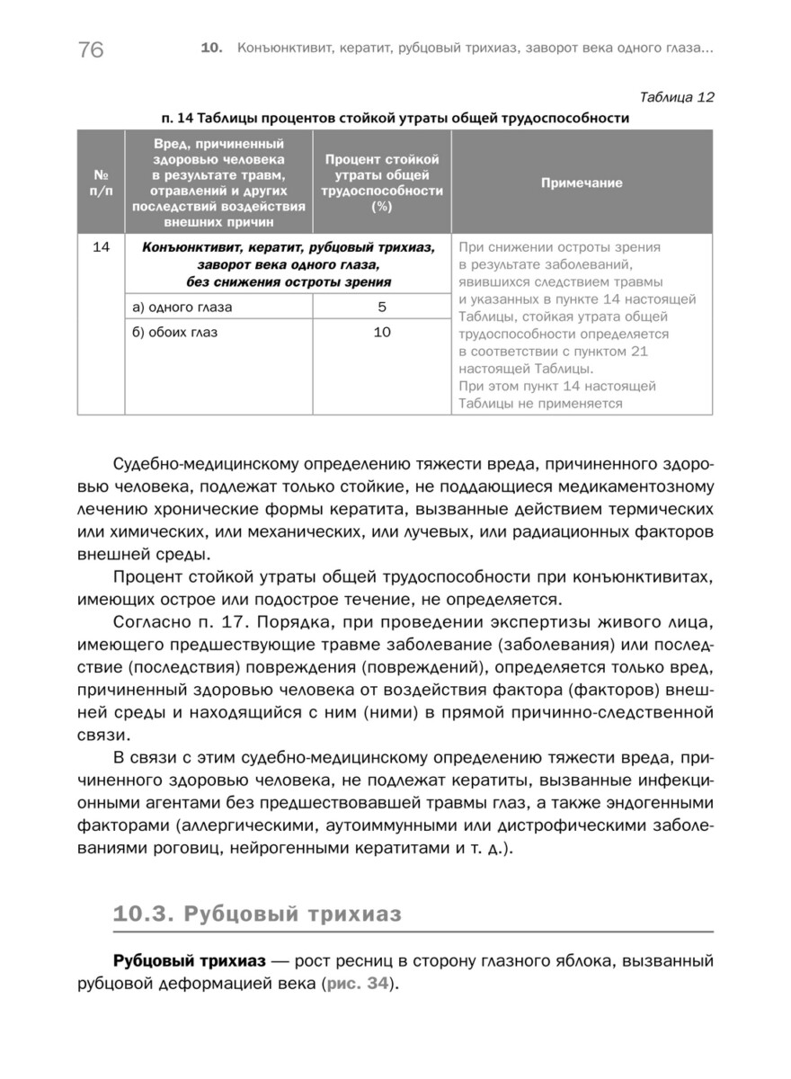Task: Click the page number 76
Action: click(91, 49)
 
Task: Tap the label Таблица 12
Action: click(676, 97)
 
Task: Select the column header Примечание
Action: click(582, 183)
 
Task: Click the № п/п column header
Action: click(101, 183)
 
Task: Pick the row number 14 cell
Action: click(101, 247)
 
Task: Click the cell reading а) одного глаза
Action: click(182, 308)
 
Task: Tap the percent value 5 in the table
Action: click(382, 308)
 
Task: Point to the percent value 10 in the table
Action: click(382, 333)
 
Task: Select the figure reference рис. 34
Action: click(361, 985)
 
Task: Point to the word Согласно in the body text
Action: click(147, 621)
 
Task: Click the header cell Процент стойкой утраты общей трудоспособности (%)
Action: click(382, 183)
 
